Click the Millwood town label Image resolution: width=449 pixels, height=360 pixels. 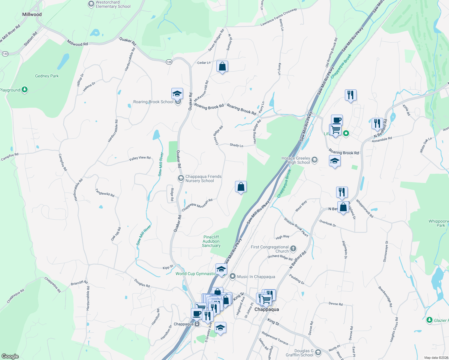pyautogui.click(x=32, y=14)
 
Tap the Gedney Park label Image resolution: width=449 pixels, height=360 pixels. pyautogui.click(x=47, y=76)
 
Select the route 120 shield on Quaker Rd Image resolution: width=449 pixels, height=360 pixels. pyautogui.click(x=169, y=62)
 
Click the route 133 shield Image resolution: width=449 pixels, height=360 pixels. pyautogui.click(x=5, y=54)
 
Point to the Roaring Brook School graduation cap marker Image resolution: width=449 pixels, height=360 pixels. pyautogui.click(x=177, y=94)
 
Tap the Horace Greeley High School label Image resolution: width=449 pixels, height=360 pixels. pyautogui.click(x=296, y=160)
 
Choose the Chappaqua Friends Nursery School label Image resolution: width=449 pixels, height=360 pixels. pyautogui.click(x=203, y=178)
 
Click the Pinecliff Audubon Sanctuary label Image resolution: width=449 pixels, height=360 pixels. pyautogui.click(x=211, y=241)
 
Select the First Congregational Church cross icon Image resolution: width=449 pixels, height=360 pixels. pyautogui.click(x=293, y=248)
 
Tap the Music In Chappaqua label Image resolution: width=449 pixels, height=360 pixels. pyautogui.click(x=256, y=277)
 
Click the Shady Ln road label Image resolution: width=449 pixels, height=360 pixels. pyautogui.click(x=236, y=145)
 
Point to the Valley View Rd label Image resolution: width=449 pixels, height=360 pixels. pyautogui.click(x=140, y=158)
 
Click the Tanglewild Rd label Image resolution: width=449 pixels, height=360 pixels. pyautogui.click(x=105, y=193)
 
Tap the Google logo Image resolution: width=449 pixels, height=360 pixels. pyautogui.click(x=10, y=356)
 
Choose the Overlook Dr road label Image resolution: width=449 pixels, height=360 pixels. pyautogui.click(x=327, y=223)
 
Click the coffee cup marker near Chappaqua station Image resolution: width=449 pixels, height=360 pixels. pyautogui.click(x=197, y=314)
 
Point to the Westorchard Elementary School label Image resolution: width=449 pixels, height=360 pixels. pyautogui.click(x=113, y=4)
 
